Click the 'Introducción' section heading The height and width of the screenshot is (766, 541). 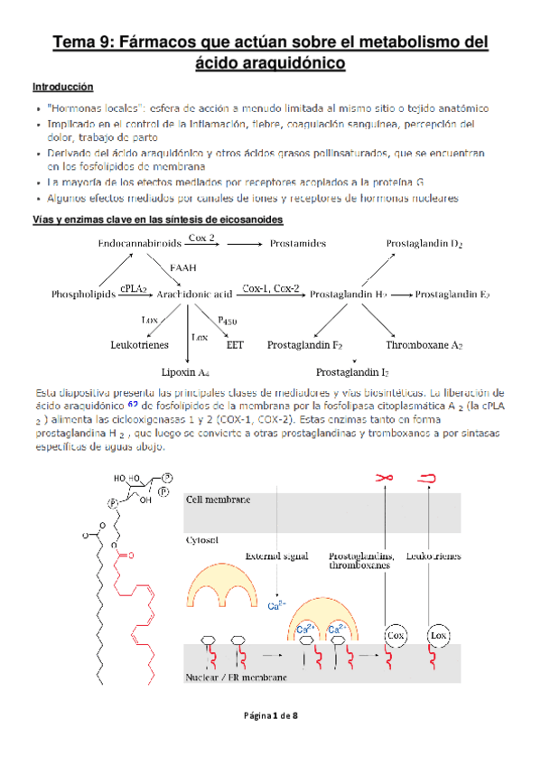tap(62, 88)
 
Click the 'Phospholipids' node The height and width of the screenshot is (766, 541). tap(83, 294)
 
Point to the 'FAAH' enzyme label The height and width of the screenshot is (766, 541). tap(187, 268)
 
